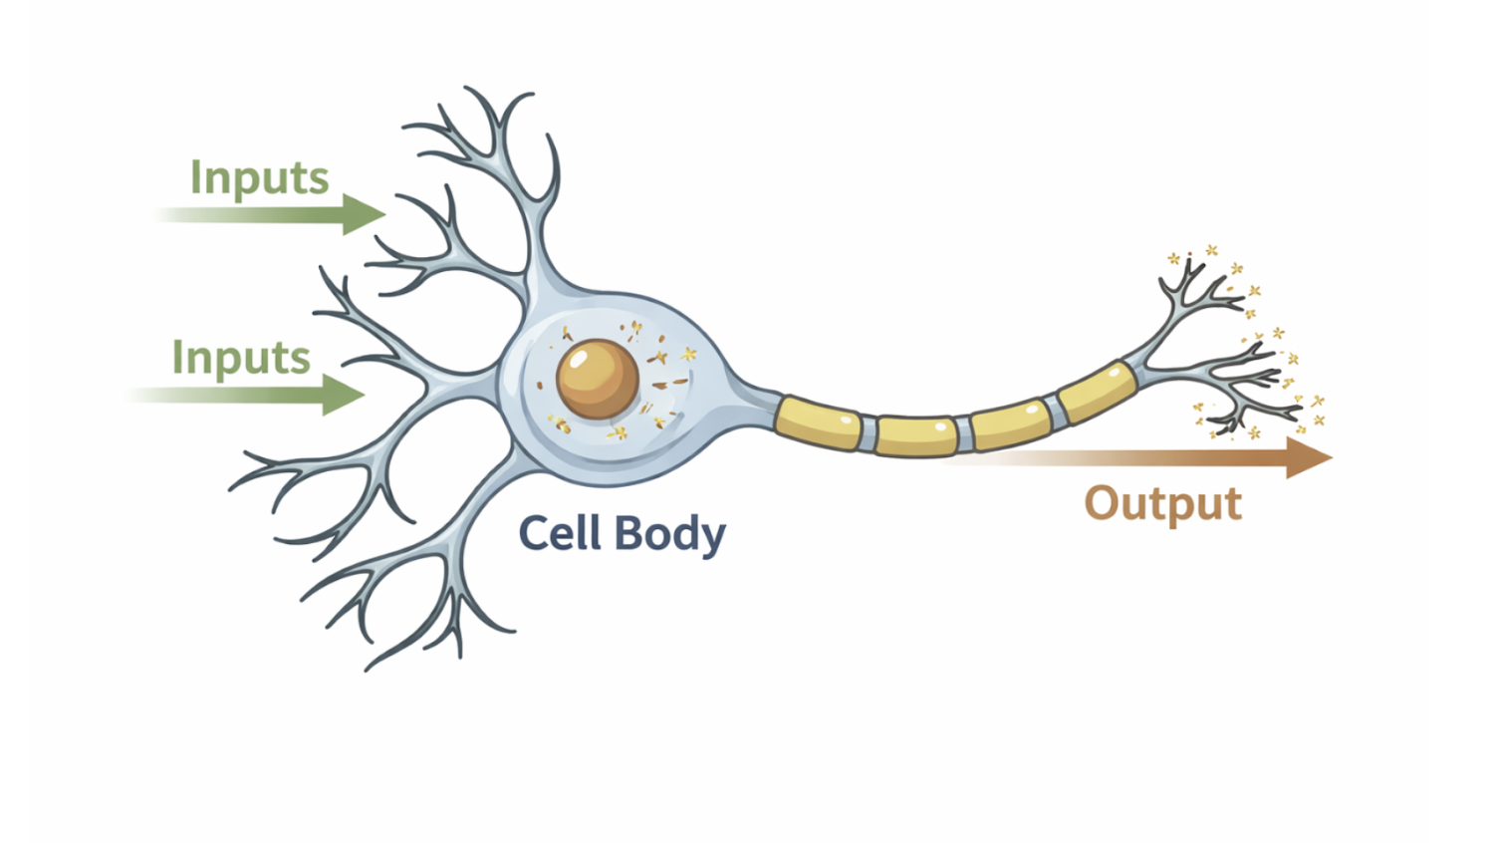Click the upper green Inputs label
[259, 179]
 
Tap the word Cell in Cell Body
[561, 533]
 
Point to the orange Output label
[1162, 503]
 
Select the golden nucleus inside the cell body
[598, 379]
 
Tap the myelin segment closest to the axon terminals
[1096, 392]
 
